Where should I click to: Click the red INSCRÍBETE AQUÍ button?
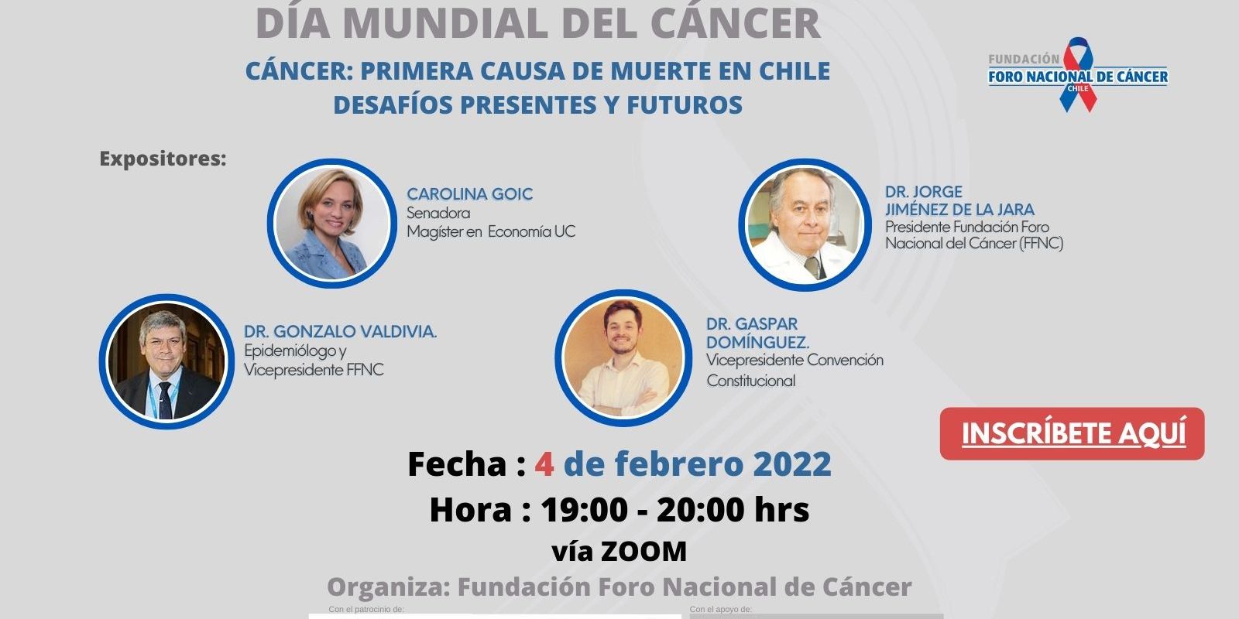click(x=1072, y=434)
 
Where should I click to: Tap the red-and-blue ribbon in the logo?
click(x=1078, y=74)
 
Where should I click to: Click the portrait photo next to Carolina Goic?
click(x=332, y=224)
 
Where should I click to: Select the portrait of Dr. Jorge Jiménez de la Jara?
click(x=805, y=224)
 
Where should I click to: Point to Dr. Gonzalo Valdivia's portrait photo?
click(x=166, y=361)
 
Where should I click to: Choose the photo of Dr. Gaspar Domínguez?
click(x=623, y=358)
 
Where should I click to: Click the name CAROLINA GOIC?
click(x=469, y=194)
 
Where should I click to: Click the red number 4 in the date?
click(x=544, y=463)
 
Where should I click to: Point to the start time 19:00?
click(x=585, y=510)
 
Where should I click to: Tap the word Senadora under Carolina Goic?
click(x=438, y=213)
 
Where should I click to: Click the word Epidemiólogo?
click(x=290, y=351)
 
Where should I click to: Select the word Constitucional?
click(x=750, y=381)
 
